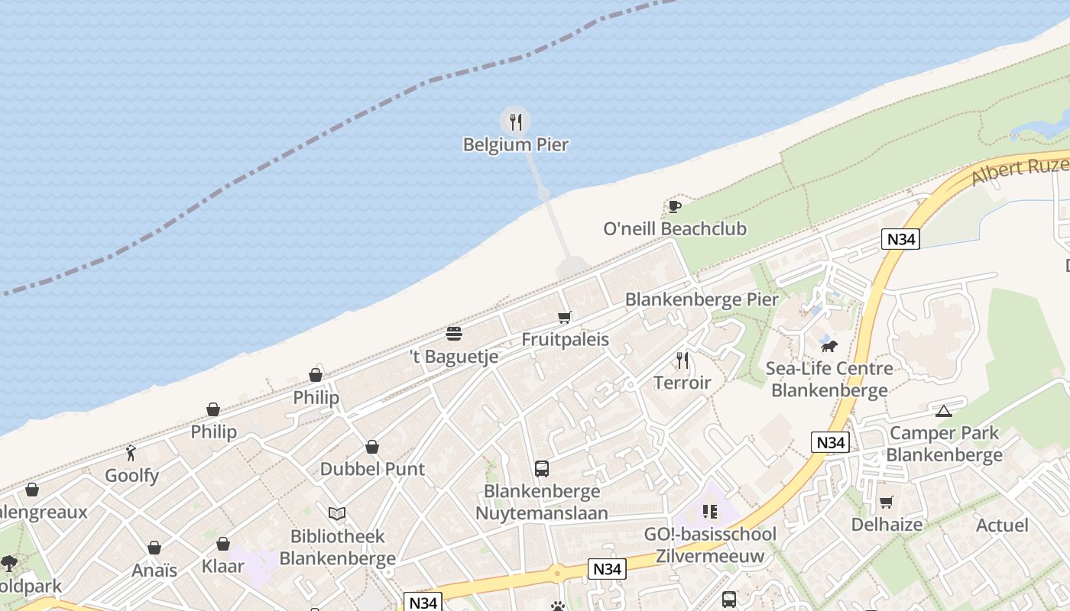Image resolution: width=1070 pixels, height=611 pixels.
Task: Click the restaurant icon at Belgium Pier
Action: coord(515,121)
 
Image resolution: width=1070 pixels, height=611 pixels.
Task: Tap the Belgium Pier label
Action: coord(516,144)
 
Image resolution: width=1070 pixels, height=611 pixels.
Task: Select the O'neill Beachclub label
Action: coord(675,228)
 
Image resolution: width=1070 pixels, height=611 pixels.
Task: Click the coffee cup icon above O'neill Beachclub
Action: coord(674,205)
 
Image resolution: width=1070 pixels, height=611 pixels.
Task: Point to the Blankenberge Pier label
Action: coord(702,299)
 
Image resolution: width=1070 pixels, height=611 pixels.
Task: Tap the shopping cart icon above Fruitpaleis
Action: coord(565,317)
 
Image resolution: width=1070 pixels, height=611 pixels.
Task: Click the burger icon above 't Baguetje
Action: coord(454,334)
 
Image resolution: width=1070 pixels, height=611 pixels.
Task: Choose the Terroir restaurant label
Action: coord(683,383)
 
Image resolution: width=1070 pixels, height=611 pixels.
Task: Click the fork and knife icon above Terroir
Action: coord(683,360)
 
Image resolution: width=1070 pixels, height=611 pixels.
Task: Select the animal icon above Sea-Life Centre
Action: coord(829,346)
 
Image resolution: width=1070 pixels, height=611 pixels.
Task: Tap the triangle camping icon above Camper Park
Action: coord(944,411)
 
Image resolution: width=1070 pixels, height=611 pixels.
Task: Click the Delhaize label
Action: coord(887,525)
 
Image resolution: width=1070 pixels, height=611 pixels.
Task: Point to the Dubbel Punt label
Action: coord(372,469)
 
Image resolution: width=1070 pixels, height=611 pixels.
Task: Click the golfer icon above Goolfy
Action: coord(131,453)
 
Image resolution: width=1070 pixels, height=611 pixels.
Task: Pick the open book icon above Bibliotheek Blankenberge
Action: coord(337,513)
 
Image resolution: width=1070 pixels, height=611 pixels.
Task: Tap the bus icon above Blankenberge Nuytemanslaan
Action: coord(541,469)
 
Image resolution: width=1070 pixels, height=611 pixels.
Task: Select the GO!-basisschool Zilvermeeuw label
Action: coord(710,545)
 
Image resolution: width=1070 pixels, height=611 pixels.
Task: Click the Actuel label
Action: coord(1002,525)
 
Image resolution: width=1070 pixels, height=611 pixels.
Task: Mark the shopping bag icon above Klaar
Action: coord(223,544)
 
